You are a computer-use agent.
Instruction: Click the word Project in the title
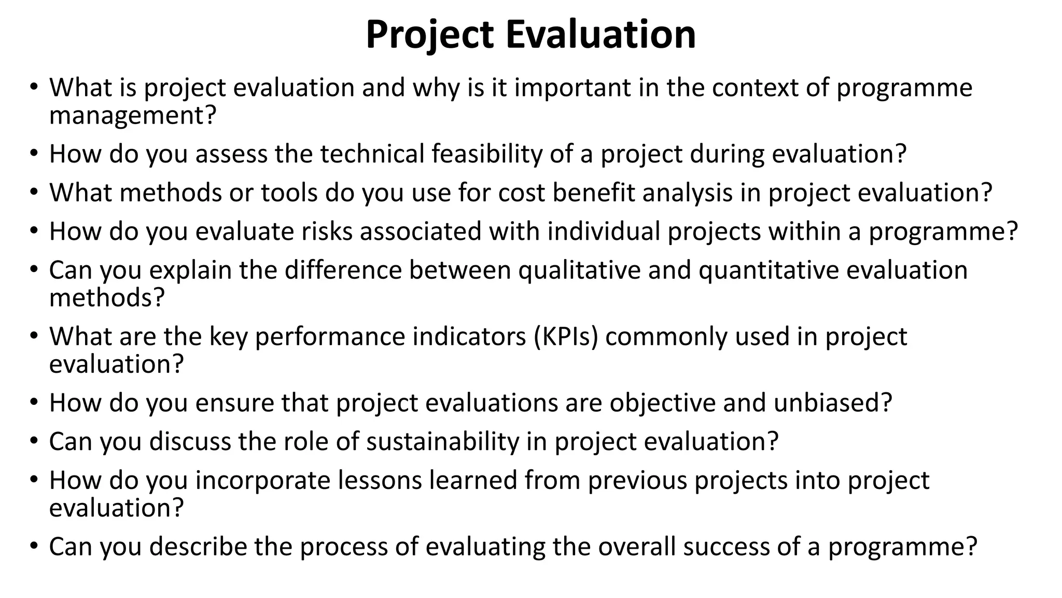pyautogui.click(x=429, y=34)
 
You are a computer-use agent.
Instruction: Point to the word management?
pyautogui.click(x=132, y=115)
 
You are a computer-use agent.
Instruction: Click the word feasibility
pyautogui.click(x=486, y=154)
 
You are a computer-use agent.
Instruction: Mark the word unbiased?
pyautogui.click(x=833, y=403)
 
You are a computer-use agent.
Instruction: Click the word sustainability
pyautogui.click(x=443, y=442)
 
